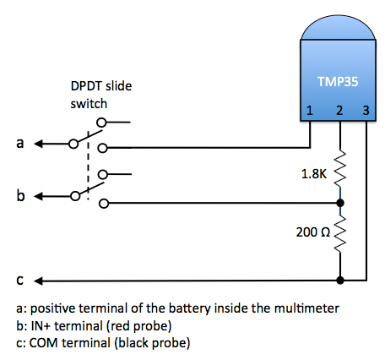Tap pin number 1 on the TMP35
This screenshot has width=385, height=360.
[310, 110]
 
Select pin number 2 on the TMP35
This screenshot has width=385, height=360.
[339, 110]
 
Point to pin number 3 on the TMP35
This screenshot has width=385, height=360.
[366, 110]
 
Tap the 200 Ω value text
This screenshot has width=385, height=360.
[312, 231]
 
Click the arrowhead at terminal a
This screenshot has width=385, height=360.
[39, 143]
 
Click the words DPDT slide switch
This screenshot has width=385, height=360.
[101, 95]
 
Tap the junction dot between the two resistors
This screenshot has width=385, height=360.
[339, 203]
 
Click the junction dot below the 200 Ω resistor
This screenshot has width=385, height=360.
[339, 280]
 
